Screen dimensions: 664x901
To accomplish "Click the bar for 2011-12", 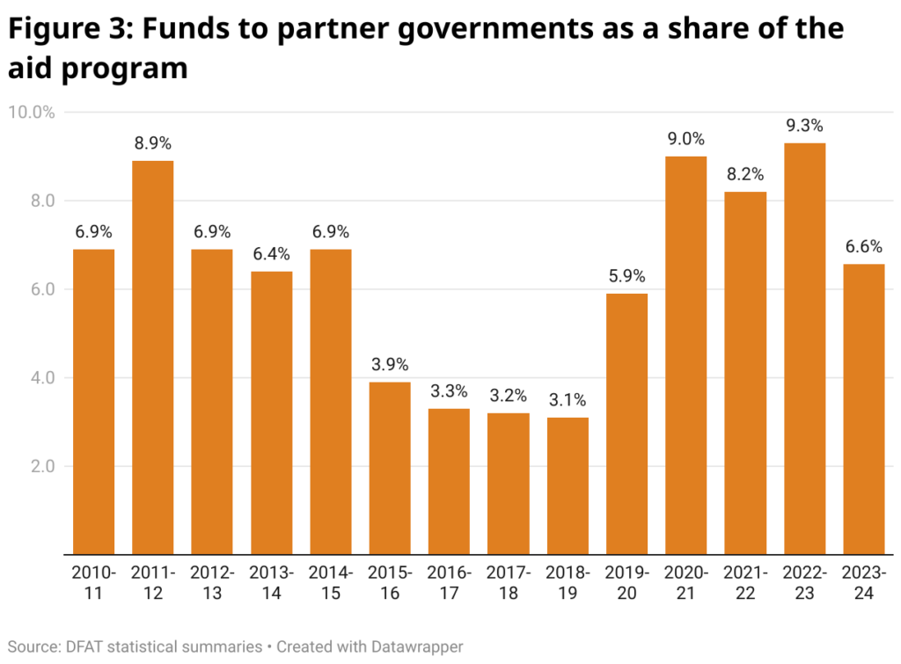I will pos(153,357).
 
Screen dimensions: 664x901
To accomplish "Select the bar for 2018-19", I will pos(568,485).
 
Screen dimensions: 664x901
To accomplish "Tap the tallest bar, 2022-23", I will pos(804,348).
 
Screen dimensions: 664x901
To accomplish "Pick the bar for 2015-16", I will pos(390,468).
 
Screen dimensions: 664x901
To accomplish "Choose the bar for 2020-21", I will pos(686,355).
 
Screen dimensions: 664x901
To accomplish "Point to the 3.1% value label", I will pos(568,401).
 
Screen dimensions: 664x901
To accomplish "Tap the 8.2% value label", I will pos(745,175).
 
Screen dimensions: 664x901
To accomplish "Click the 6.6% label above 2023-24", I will pos(863,247).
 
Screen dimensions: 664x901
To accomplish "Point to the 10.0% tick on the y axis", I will pos(32,113).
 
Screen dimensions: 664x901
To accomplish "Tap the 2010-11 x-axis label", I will pos(94,583).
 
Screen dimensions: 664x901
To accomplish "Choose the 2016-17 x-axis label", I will pos(449,583).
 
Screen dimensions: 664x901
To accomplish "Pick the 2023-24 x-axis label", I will pos(863,583).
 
